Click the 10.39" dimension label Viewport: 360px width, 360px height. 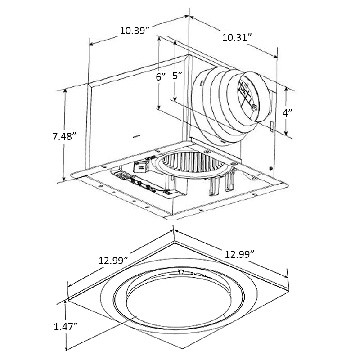pos(135,31)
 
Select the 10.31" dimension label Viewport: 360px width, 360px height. pos(236,38)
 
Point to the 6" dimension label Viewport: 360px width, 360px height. pos(161,76)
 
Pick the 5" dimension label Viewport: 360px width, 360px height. pos(178,76)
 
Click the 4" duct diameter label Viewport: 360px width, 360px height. pos(287,113)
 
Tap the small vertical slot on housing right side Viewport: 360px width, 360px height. pos(272,126)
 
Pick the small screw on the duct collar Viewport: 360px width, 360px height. pos(254,108)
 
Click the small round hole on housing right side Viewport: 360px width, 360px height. pos(270,168)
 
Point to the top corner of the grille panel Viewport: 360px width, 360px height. pos(174,231)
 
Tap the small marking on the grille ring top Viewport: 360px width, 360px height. pos(181,272)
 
